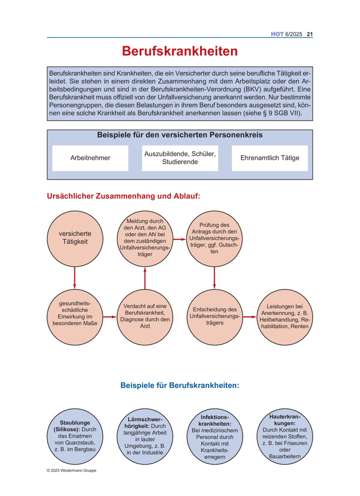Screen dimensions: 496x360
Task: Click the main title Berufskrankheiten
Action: [180, 52]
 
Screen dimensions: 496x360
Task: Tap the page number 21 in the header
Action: [309, 34]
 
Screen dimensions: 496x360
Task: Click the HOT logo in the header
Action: [277, 34]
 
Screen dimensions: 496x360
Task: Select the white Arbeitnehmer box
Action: [90, 158]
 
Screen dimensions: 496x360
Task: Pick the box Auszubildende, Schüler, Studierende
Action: [180, 158]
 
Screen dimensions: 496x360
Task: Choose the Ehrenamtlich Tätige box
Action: [270, 158]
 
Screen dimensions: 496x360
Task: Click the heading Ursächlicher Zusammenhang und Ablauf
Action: [123, 196]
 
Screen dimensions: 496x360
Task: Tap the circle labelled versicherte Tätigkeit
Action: [74, 237]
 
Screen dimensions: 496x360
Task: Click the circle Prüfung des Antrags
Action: [214, 238]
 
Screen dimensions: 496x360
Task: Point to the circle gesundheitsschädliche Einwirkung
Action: [74, 313]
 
